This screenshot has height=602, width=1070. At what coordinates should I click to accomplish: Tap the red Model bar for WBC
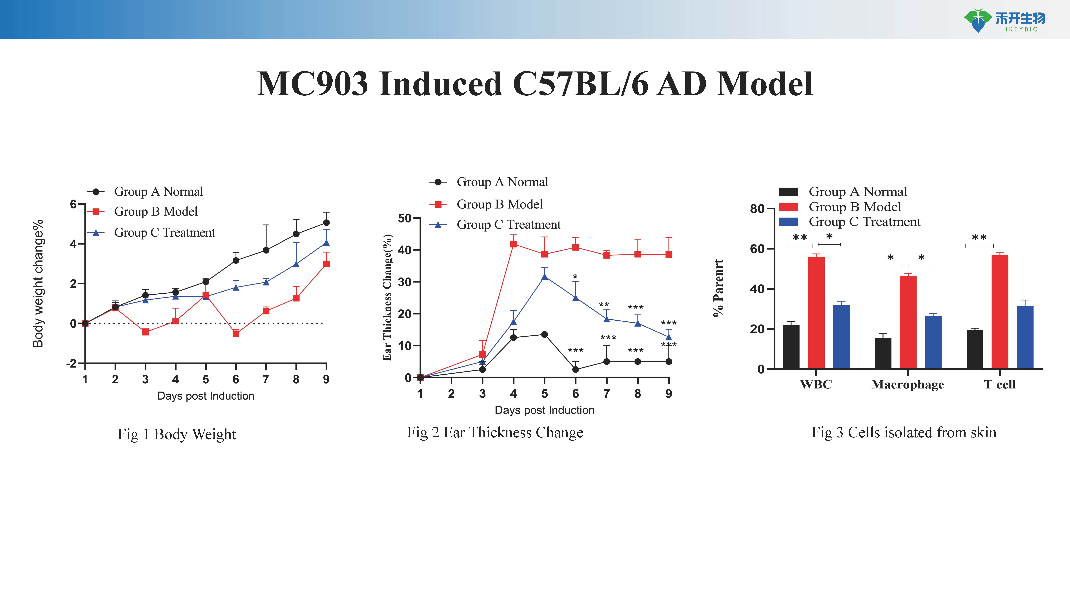click(816, 312)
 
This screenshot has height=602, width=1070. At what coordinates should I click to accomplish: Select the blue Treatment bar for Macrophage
click(933, 342)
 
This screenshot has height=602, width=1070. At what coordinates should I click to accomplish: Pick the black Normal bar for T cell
click(975, 349)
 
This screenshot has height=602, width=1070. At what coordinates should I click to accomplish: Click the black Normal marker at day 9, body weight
click(326, 223)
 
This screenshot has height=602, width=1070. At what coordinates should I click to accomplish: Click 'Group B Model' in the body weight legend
click(156, 211)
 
